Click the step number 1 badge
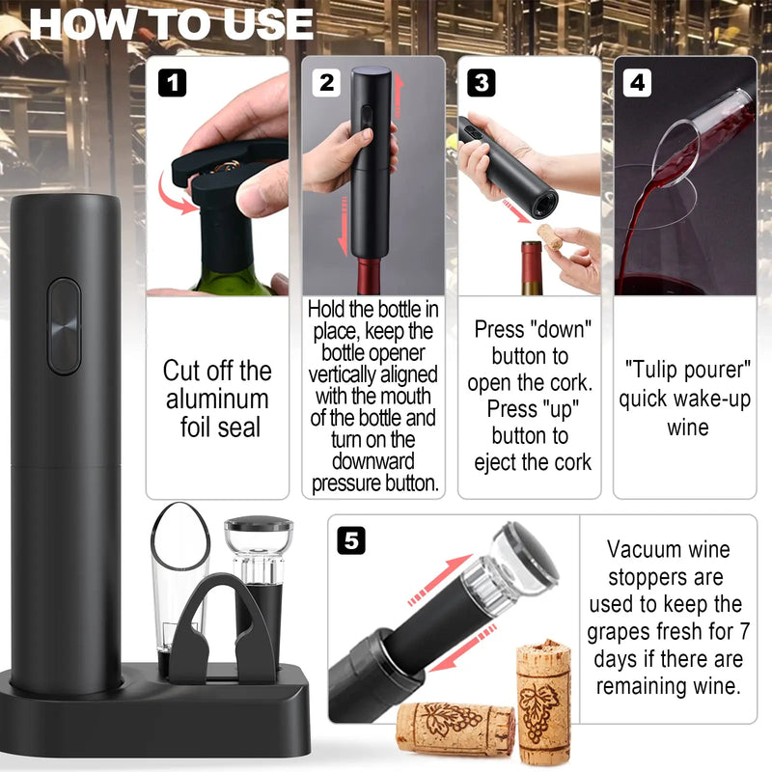pos(173,83)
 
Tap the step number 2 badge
pos(326,83)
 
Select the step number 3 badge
pos(482,83)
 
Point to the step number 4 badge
pos(637,83)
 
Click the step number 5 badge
pos(351,540)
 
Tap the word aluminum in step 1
pos(217,399)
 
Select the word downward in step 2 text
pos(373,462)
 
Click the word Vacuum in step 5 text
pos(638,549)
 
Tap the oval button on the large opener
pos(64,326)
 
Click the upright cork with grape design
pos(544,702)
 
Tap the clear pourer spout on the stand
pos(179,581)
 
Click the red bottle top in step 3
pos(532,268)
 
